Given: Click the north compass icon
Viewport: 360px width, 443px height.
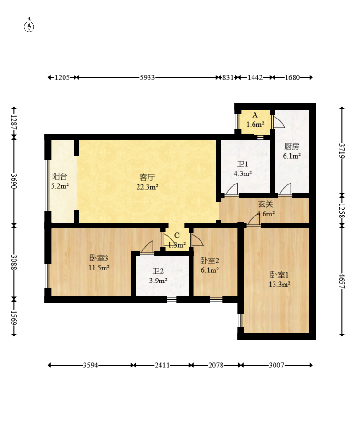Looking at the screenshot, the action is (29, 26).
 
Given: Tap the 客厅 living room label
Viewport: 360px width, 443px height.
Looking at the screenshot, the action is (147, 177).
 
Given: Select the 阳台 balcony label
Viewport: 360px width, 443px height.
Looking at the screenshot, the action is (60, 176).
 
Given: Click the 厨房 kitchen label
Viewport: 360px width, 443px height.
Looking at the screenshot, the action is (292, 146).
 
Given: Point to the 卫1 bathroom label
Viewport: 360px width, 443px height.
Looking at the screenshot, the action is (243, 164).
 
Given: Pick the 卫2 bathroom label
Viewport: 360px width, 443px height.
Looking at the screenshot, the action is (158, 271).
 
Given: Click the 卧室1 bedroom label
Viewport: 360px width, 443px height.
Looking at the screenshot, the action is (279, 275).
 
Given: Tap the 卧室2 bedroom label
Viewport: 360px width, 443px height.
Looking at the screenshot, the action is (210, 260).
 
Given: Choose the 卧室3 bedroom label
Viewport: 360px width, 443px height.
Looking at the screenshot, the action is (99, 258).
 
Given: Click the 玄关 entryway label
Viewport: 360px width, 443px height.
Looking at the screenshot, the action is (265, 204).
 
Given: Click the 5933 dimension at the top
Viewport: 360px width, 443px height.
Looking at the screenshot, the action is (147, 77).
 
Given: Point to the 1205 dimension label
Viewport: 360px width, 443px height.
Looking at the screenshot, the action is (62, 77).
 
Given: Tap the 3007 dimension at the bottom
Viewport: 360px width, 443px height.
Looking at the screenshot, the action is (276, 365).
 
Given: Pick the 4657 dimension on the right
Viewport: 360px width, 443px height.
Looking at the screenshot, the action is (342, 281).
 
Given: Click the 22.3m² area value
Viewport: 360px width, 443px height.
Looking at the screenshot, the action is (147, 187).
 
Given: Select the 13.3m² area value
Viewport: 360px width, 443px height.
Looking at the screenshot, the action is (279, 284).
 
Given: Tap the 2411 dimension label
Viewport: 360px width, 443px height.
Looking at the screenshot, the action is (162, 365).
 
